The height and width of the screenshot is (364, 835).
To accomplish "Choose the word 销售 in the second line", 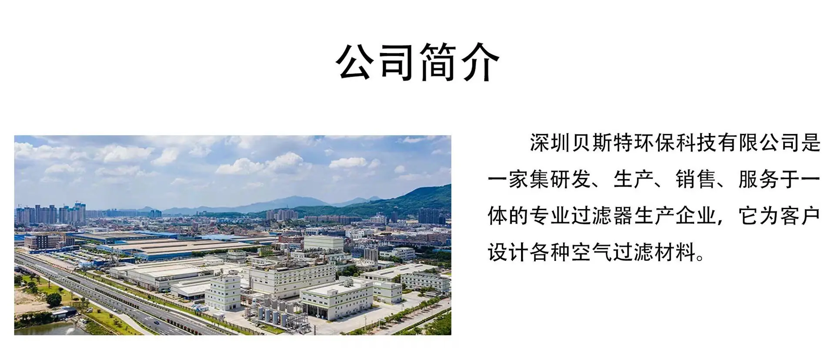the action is (x=696, y=179).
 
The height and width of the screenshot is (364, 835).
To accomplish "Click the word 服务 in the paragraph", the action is (x=759, y=179).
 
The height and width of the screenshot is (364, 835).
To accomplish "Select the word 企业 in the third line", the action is (x=696, y=215).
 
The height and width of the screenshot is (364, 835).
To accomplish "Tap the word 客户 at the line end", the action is (x=801, y=215).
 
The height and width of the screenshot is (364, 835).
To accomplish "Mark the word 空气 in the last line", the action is (x=592, y=252).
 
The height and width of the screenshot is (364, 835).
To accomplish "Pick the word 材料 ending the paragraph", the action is (x=675, y=252).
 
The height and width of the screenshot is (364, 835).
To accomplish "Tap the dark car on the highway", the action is (x=156, y=322).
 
